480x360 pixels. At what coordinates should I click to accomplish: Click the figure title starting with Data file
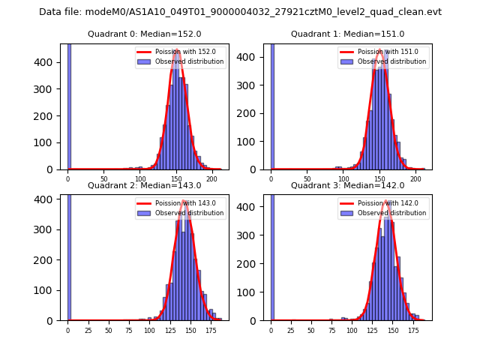(240, 12)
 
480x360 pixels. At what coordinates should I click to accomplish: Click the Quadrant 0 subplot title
(145, 34)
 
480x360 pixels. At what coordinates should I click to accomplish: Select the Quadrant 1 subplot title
(347, 34)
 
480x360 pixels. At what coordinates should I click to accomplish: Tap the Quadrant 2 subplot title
(145, 185)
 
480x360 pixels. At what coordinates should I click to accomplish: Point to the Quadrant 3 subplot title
(347, 185)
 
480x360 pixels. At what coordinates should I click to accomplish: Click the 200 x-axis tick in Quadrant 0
(212, 179)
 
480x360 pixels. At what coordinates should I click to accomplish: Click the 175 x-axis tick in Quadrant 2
(210, 331)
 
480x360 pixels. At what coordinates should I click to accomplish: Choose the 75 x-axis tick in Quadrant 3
(331, 331)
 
